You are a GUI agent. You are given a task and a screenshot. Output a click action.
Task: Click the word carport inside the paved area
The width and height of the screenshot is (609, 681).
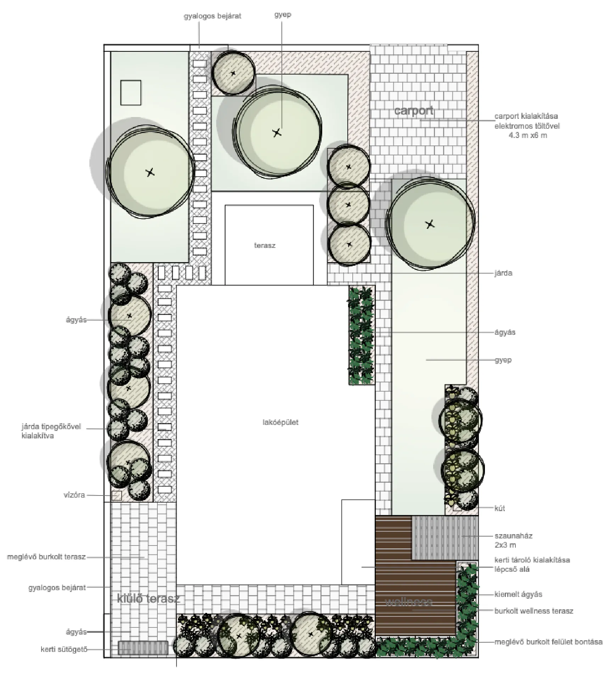(414, 111)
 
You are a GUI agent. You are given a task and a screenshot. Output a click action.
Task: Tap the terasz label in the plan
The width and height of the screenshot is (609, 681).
(264, 245)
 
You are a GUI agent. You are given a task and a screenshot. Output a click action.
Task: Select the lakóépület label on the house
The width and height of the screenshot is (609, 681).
(280, 422)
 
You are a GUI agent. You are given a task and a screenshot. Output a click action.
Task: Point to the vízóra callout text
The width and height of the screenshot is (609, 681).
(74, 495)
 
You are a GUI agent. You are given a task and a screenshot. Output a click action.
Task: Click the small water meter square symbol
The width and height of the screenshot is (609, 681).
(117, 495)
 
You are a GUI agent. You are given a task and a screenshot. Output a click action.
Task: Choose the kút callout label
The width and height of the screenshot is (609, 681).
(499, 508)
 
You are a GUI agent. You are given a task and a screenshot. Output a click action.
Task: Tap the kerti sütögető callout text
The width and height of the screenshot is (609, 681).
(64, 650)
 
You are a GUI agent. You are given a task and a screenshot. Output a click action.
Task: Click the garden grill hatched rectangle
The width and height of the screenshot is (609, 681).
(143, 648)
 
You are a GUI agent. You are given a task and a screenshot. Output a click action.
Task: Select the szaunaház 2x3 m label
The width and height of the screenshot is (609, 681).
(513, 540)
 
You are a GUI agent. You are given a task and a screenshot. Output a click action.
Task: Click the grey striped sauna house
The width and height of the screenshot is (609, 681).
(445, 538)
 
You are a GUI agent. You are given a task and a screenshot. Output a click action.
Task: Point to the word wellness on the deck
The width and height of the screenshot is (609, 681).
(408, 602)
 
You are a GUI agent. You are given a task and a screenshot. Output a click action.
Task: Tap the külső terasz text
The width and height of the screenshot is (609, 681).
(149, 599)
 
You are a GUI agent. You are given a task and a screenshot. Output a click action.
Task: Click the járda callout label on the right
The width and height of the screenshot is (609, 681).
(503, 273)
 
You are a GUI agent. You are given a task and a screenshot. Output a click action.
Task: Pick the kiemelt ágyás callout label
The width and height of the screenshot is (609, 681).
(518, 594)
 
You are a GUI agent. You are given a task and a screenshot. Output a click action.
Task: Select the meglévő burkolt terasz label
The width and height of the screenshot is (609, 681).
(46, 557)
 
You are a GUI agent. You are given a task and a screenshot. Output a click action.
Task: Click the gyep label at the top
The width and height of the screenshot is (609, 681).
(283, 15)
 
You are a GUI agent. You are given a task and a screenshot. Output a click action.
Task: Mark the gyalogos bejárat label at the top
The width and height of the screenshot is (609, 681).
(212, 16)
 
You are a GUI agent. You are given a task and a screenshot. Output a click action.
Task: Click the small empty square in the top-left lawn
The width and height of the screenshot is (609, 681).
(131, 93)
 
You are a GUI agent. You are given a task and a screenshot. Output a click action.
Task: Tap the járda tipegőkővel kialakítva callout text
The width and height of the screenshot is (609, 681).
(51, 431)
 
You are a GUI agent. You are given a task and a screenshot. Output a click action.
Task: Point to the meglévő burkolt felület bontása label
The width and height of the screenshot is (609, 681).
(548, 642)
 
